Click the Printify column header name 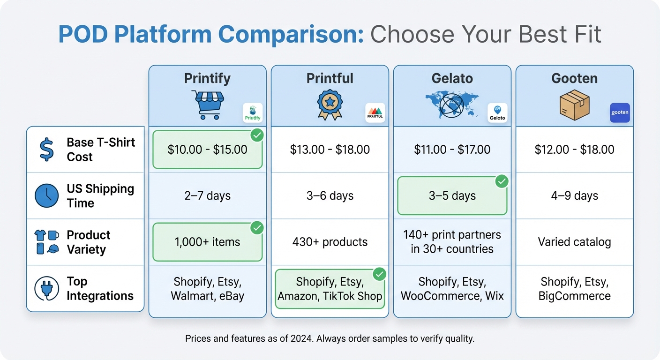click(x=207, y=78)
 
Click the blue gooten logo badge click(x=620, y=113)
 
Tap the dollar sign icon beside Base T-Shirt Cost click(x=46, y=150)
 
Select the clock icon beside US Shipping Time click(x=47, y=196)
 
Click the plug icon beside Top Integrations click(x=47, y=289)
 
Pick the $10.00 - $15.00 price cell click(x=207, y=150)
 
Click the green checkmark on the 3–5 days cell click(x=501, y=181)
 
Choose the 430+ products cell click(x=330, y=242)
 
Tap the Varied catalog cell click(x=574, y=242)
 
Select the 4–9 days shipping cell click(x=574, y=195)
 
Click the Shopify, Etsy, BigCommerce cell click(x=574, y=289)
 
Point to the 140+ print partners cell click(x=452, y=242)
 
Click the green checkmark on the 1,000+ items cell click(x=256, y=228)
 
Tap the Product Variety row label click(x=88, y=242)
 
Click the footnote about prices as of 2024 click(x=330, y=338)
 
